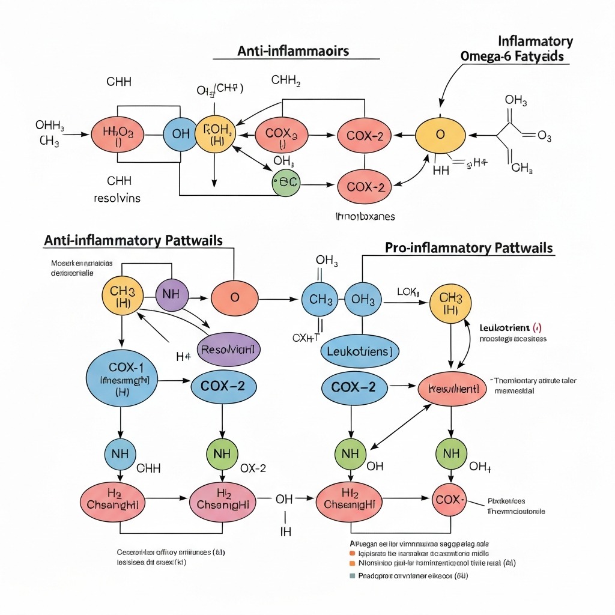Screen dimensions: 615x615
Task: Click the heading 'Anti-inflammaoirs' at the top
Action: coord(293,50)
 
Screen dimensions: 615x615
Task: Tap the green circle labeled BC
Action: coord(285,181)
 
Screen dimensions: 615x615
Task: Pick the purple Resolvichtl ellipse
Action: coord(228,349)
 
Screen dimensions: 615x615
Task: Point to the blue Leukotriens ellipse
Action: coord(359,351)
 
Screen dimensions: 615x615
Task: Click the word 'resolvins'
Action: coord(117,198)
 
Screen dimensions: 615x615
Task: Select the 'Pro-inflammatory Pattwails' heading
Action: coord(468,247)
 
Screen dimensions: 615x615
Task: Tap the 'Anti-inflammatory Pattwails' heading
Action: coord(133,241)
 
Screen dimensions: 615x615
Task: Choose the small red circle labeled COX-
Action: coord(450,498)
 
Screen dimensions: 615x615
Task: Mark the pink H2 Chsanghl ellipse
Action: coord(224,499)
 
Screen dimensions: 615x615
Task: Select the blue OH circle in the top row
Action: coord(180,134)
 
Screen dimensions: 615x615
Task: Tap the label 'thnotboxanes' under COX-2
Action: coord(365,216)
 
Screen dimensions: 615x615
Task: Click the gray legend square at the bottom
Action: coord(353,575)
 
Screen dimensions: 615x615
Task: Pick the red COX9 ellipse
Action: coord(281,134)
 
